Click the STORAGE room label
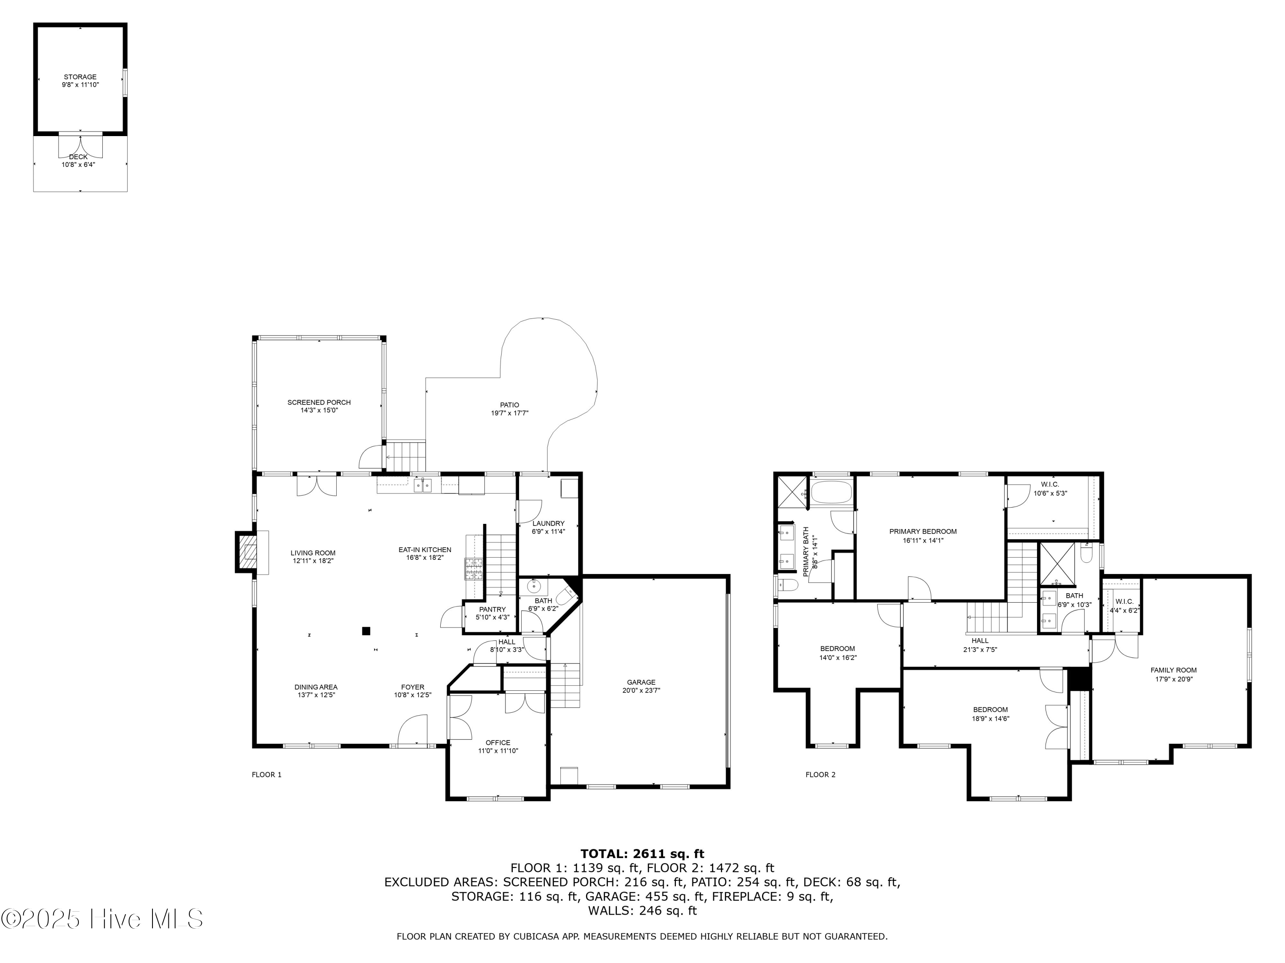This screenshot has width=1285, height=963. click(80, 77)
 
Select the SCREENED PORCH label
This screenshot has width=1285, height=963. click(319, 402)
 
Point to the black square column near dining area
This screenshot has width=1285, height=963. click(366, 630)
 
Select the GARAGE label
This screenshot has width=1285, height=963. click(641, 682)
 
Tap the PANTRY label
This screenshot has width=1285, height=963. click(492, 609)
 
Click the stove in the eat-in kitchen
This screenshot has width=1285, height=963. click(473, 569)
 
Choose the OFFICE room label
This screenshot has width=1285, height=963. click(498, 743)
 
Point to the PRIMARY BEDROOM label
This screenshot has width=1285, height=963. click(923, 531)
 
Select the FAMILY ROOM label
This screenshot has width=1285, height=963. click(1174, 670)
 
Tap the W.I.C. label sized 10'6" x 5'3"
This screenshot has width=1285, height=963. click(1050, 484)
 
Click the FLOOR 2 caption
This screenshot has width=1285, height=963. click(820, 774)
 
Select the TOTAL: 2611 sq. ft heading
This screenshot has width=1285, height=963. click(642, 854)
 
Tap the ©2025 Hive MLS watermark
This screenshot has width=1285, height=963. click(102, 919)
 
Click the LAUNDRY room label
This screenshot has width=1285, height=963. click(548, 523)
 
